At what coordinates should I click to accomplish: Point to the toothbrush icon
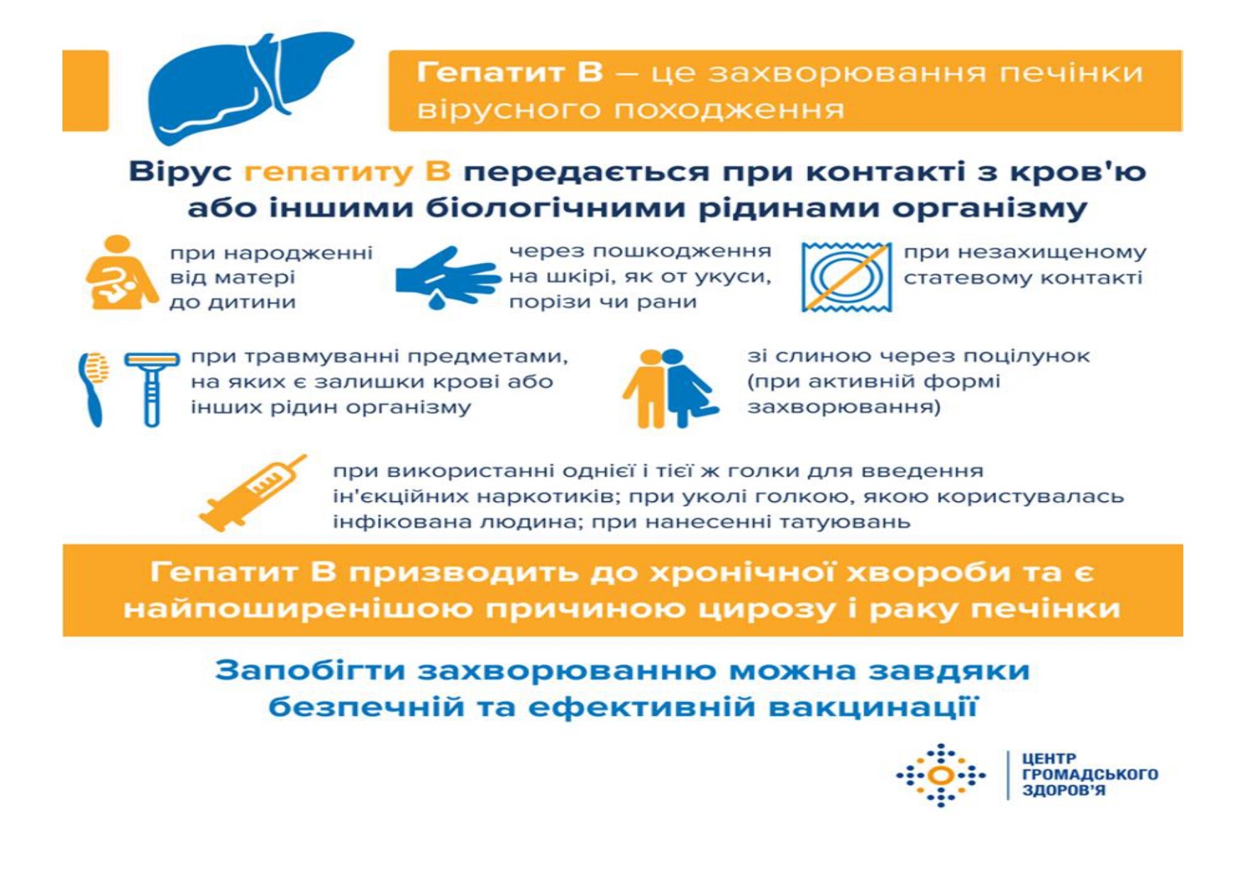94,389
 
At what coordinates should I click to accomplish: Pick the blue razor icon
152,389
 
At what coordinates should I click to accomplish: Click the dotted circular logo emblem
941,776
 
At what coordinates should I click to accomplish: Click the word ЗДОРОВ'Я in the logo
1063,791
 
